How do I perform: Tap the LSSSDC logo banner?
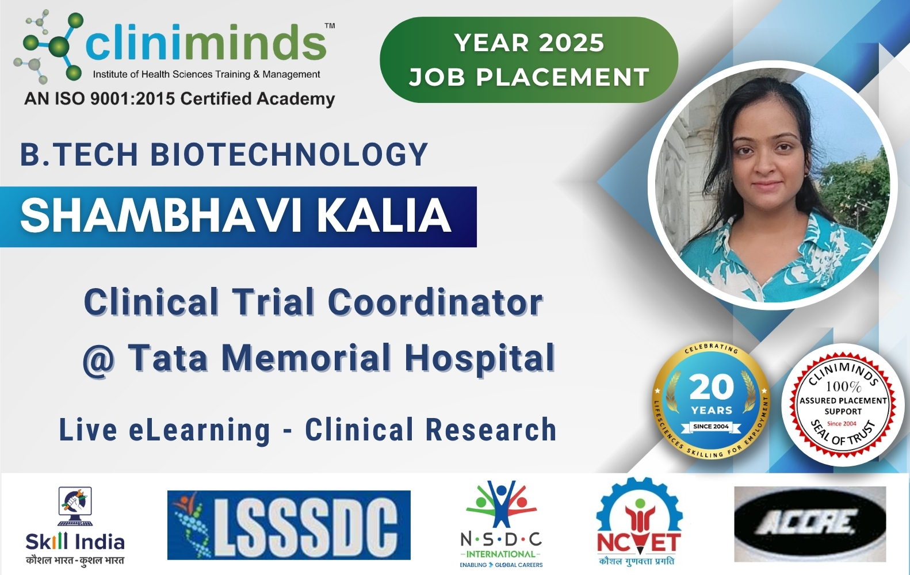point(289,525)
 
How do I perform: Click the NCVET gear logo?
point(638,520)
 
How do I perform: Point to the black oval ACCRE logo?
point(810,524)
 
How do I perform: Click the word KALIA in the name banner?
point(384,216)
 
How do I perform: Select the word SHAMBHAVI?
point(161,216)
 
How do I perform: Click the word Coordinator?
point(435,302)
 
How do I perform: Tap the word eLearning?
point(200,430)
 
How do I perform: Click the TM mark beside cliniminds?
point(330,26)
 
